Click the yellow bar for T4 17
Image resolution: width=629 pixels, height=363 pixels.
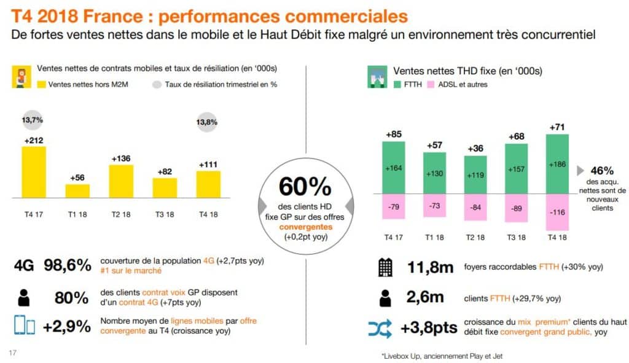33,173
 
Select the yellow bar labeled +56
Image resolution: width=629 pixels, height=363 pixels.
77,191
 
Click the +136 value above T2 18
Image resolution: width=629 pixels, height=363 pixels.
121,158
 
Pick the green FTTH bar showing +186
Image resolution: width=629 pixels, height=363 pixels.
557,165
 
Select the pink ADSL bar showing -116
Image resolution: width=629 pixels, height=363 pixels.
557,213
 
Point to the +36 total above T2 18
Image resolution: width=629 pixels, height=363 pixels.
475,149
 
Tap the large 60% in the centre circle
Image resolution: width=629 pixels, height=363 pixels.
305,186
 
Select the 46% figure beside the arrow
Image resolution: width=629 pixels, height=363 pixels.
602,171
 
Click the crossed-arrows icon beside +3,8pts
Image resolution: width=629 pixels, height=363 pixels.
380,329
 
